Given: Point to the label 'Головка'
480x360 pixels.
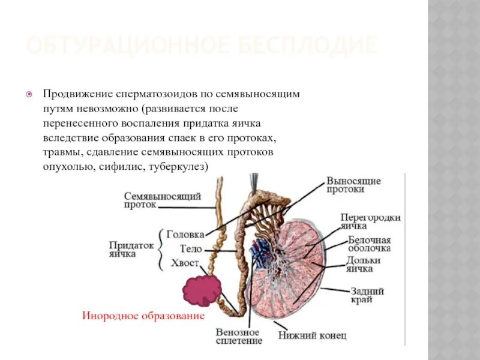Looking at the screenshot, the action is point(185,235).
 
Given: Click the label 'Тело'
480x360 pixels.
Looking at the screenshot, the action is point(191,248).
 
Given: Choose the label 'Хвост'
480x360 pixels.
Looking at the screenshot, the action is point(185,263).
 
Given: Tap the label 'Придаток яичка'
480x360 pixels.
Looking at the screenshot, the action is point(131,249).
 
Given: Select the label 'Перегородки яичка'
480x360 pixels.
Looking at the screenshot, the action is point(370,221).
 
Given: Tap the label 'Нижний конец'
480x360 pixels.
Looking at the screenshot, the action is point(312,336).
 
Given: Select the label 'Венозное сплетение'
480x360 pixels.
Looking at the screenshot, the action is point(238,337).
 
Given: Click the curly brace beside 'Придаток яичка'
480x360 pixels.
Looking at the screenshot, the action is point(161,249).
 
